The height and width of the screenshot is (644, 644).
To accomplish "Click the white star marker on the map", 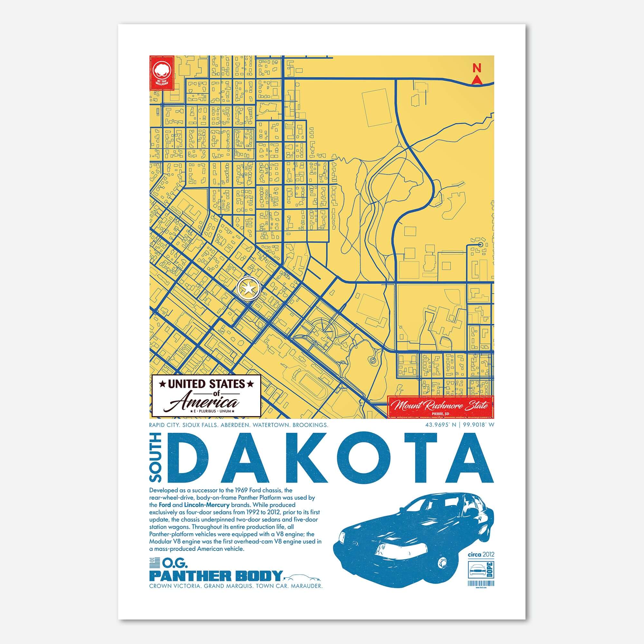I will coord(248,289).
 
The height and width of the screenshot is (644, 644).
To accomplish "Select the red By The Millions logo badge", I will coord(162,73).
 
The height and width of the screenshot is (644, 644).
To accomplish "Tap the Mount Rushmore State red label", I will coord(440,406).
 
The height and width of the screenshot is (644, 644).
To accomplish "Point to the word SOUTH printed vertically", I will coord(156,457).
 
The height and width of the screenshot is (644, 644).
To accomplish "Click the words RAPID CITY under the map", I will coord(163,425).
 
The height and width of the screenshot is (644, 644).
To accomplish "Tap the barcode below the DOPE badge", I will coord(481,583).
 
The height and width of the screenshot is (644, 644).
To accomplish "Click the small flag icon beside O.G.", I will coord(154,563).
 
